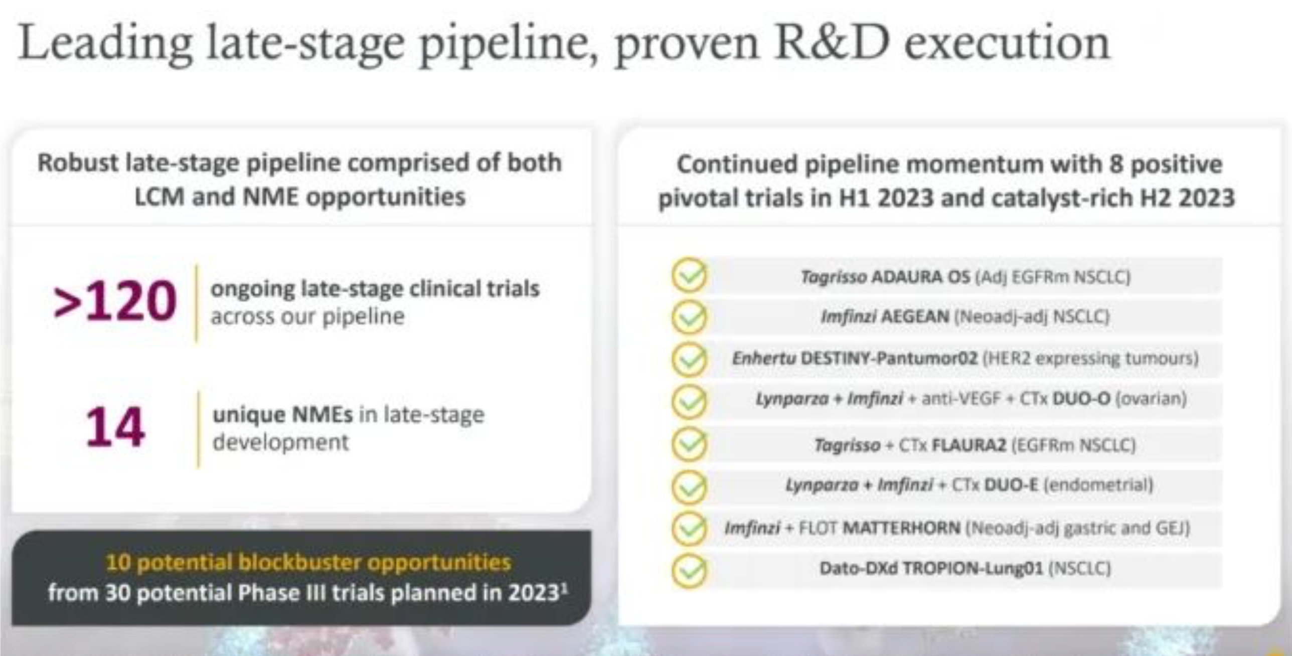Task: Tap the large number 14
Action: point(115,427)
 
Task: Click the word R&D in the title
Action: point(832,43)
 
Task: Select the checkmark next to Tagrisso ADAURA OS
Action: point(689,275)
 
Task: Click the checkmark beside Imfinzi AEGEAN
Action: point(689,317)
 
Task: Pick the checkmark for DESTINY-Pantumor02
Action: point(689,359)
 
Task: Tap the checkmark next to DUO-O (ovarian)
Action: point(689,401)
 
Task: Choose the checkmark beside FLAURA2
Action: point(689,444)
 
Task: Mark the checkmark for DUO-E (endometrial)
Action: point(689,486)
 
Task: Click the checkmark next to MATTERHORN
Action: point(689,528)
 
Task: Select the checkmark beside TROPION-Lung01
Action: point(689,570)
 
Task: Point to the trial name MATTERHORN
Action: point(901,528)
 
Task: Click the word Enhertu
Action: point(763,358)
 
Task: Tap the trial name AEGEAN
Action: point(915,316)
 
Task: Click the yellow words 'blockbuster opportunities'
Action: point(374,563)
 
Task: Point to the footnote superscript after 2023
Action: point(565,588)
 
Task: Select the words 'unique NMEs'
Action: point(283,415)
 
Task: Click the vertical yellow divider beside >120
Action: point(197,303)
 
